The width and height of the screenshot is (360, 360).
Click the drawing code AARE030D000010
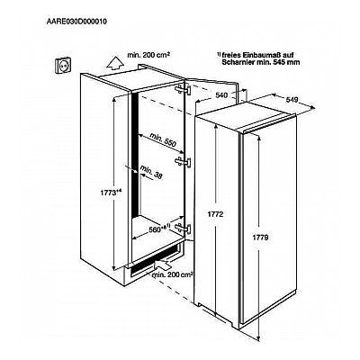click(x=76, y=22)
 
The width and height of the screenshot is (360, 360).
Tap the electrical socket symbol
click(x=63, y=65)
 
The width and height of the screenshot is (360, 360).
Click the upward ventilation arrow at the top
click(x=115, y=64)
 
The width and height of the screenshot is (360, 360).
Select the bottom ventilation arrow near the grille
click(x=162, y=265)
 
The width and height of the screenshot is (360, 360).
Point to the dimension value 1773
click(x=108, y=193)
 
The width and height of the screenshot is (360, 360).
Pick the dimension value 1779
click(x=260, y=238)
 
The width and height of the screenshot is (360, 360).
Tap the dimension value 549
click(x=292, y=100)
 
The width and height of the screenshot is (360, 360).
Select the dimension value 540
click(x=221, y=95)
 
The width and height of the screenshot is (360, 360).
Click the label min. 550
click(x=163, y=139)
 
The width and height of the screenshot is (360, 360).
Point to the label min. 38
click(x=151, y=173)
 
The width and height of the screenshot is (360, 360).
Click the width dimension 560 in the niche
click(x=155, y=229)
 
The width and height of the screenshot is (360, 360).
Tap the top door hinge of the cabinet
click(x=183, y=90)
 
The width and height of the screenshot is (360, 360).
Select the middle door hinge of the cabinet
click(x=183, y=161)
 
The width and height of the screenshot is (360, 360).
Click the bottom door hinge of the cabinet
click(x=183, y=228)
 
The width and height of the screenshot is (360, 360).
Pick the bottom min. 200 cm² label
click(x=173, y=274)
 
